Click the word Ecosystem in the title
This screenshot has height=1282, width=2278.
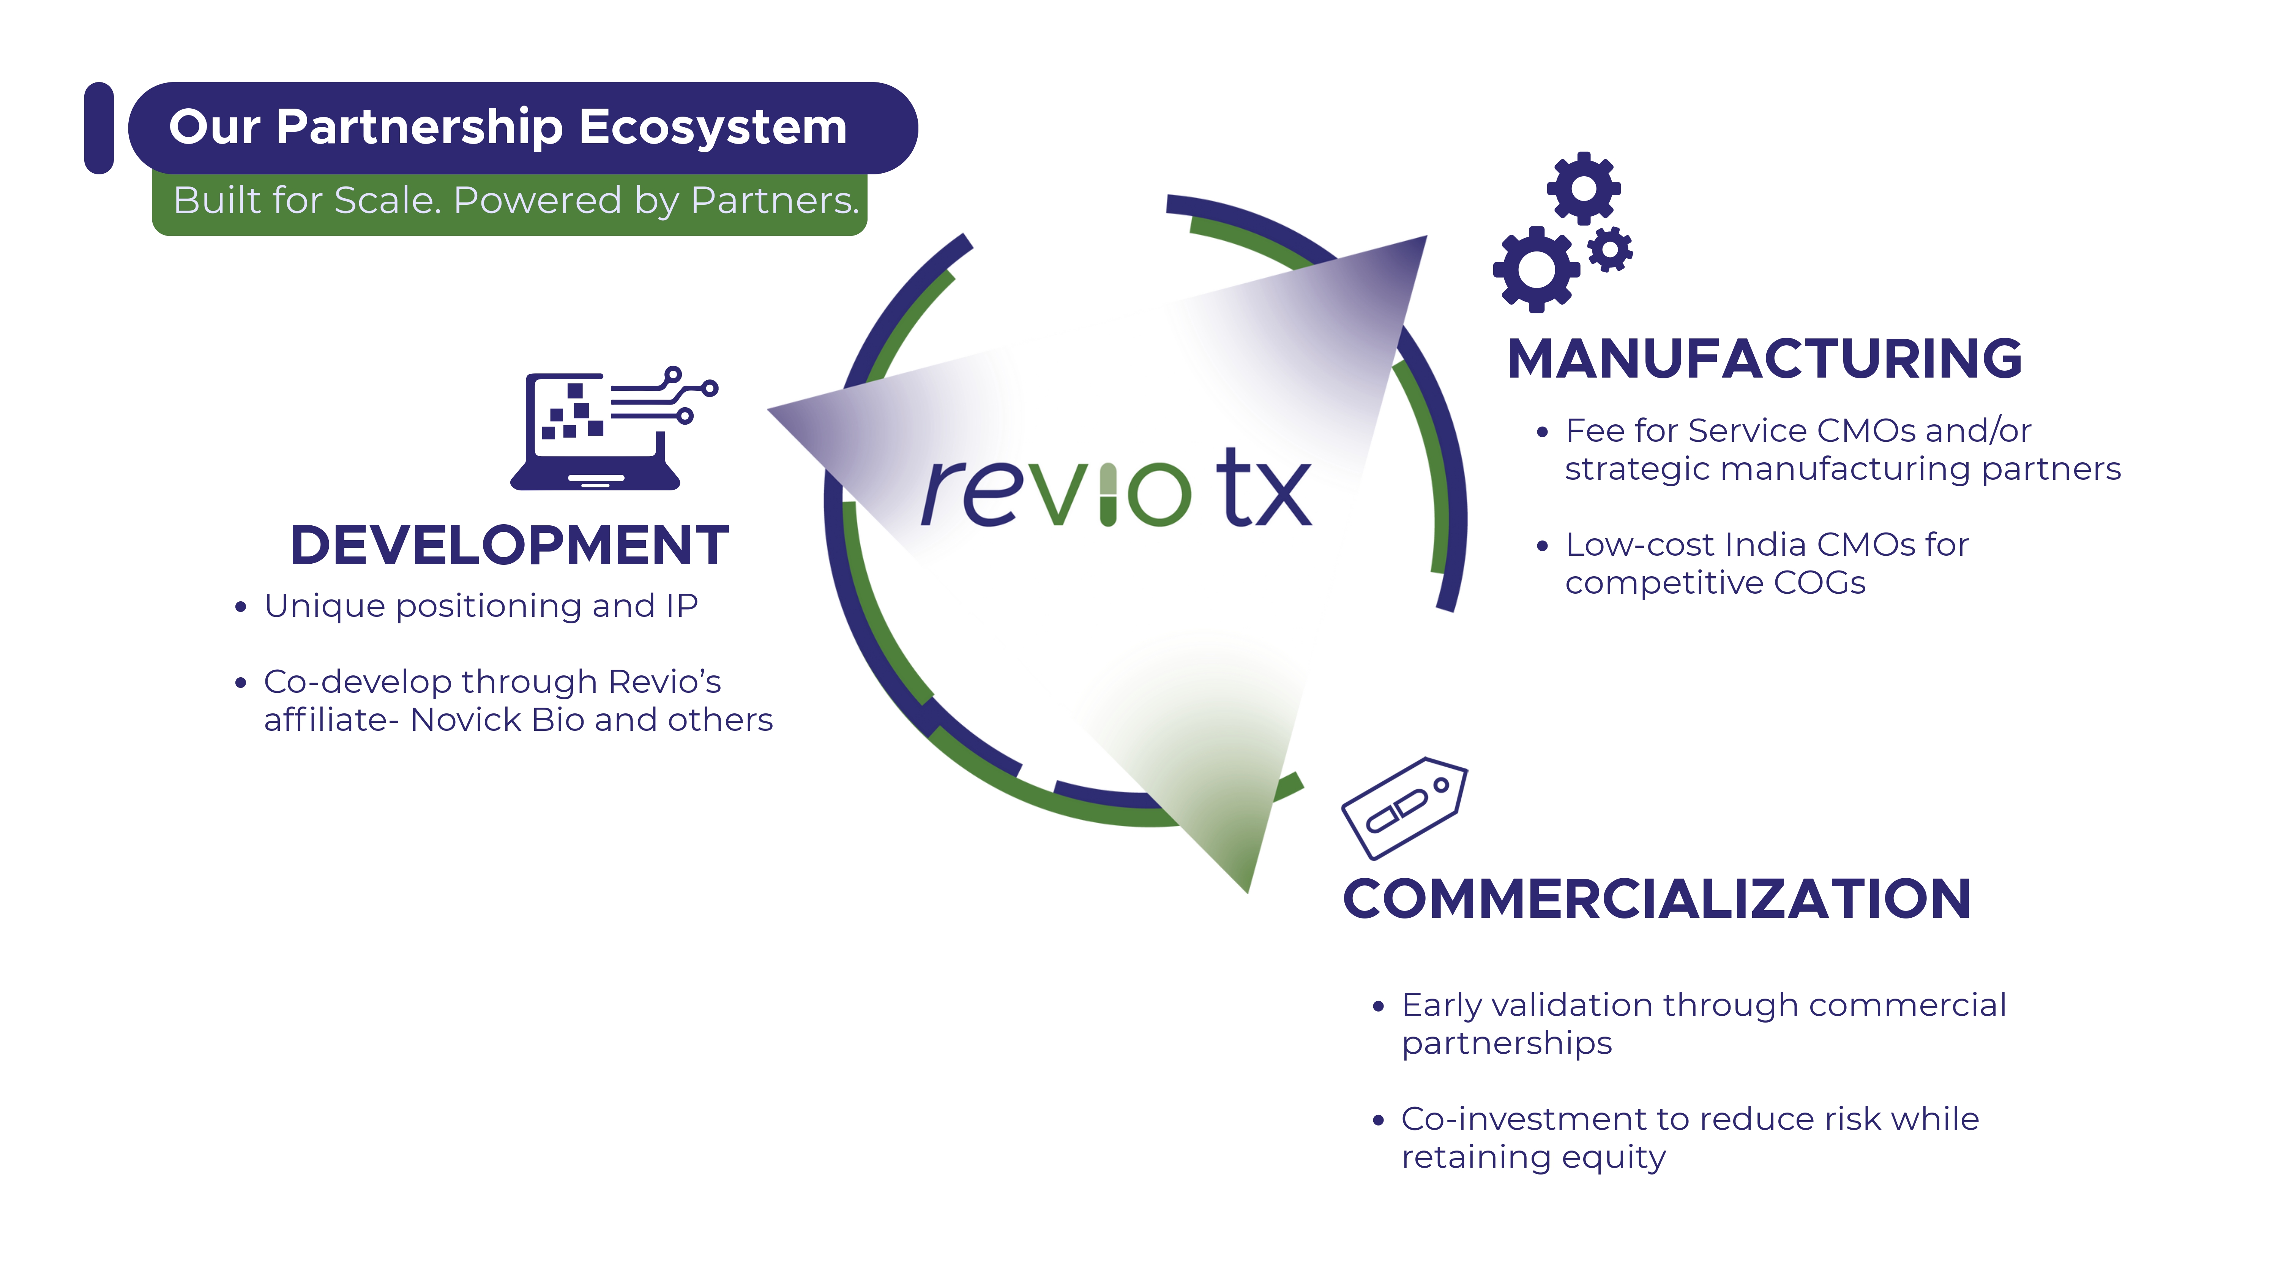pyautogui.click(x=713, y=127)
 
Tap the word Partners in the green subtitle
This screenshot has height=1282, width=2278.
pyautogui.click(x=774, y=201)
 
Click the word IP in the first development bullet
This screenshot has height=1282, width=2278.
pyautogui.click(x=682, y=606)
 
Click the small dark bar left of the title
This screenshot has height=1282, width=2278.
pyautogui.click(x=99, y=128)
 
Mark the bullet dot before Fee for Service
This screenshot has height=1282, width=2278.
pyautogui.click(x=1542, y=433)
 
